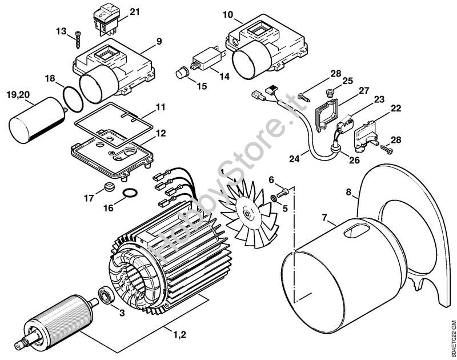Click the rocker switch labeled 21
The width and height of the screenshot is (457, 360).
106,19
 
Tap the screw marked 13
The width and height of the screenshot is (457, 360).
78,40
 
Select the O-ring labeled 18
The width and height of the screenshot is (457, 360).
73,99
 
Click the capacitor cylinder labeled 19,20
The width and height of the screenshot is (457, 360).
37,120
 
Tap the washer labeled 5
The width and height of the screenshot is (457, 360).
274,198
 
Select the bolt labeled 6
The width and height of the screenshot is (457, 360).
282,193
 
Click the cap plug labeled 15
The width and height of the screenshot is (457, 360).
182,73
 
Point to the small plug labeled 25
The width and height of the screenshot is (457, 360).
330,94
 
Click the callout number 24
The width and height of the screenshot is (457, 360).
294,159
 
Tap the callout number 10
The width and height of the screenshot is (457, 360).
228,15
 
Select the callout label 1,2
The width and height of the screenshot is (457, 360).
180,334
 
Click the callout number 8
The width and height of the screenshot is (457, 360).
348,193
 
